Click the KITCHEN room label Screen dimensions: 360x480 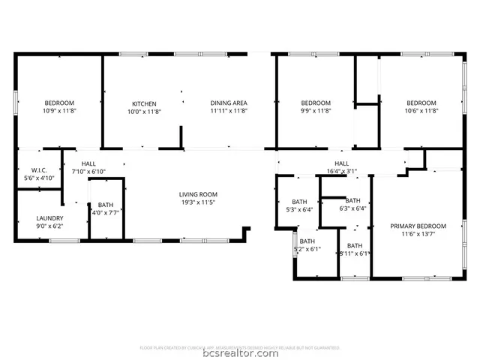[144, 103]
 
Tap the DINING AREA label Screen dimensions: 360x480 [229, 103]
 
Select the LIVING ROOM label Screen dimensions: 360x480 [198, 194]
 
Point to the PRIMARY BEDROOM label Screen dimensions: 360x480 [418, 226]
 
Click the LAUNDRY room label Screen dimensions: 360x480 [49, 218]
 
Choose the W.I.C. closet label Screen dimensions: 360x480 [39, 170]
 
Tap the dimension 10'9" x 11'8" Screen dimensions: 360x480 [59, 111]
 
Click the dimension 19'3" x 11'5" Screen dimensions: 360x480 [198, 202]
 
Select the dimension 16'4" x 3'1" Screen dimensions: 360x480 [341, 171]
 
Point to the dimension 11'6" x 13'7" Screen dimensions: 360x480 [418, 234]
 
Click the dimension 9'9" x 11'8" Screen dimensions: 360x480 [316, 111]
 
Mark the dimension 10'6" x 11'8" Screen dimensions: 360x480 [421, 111]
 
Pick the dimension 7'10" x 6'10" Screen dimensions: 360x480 [89, 172]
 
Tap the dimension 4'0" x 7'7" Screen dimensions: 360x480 [106, 213]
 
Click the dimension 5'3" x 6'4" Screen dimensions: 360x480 [299, 209]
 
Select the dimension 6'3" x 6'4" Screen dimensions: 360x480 [352, 208]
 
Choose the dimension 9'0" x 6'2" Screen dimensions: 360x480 [49, 226]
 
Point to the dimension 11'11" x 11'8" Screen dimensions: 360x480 [229, 111]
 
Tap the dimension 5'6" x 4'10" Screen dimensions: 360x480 [39, 178]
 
